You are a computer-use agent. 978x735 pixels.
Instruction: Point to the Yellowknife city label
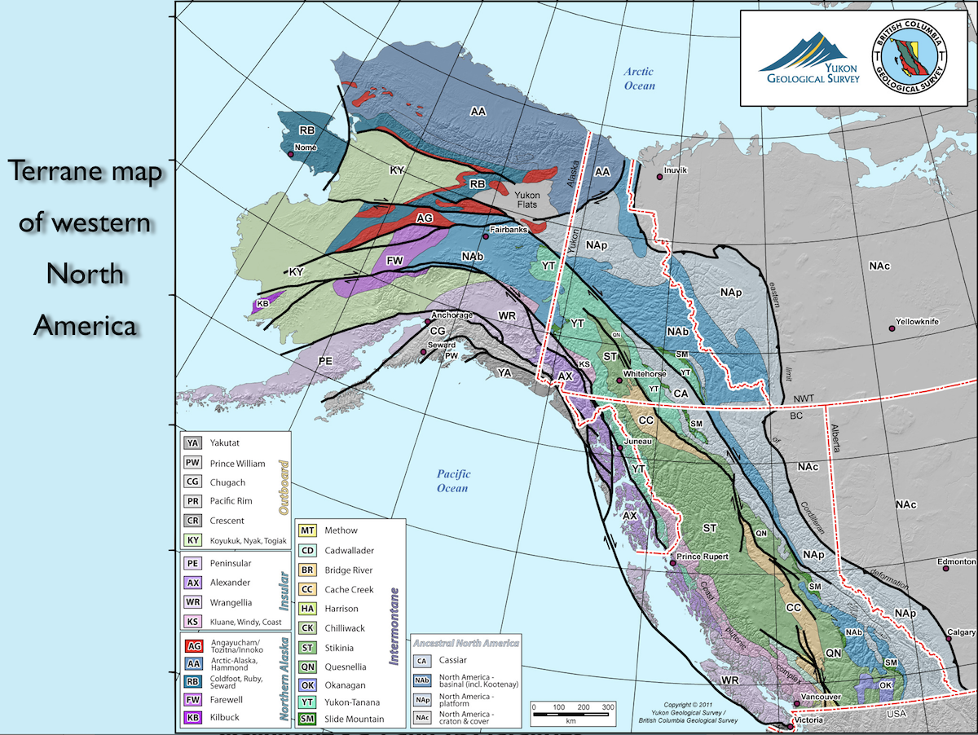pos(917,322)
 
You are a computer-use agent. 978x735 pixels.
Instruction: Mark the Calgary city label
pos(962,632)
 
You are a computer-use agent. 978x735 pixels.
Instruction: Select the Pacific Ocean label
pos(452,481)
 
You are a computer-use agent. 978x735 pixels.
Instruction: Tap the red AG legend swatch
pos(193,646)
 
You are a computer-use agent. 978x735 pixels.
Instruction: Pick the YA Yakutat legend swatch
pos(192,443)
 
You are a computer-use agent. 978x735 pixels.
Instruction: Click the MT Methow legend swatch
pos(307,530)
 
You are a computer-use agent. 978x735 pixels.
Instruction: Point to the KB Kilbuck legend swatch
pos(193,718)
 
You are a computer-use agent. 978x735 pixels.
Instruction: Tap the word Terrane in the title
pos(56,174)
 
